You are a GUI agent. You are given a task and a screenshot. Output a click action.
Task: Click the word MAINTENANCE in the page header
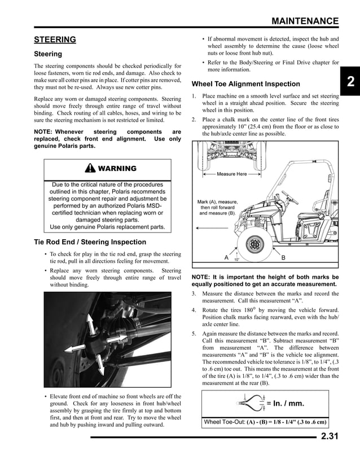point(305,21)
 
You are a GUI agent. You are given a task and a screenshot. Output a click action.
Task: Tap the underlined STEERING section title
point(55,39)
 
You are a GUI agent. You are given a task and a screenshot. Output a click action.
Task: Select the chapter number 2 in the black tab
point(350,82)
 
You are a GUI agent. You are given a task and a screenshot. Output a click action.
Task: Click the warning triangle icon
point(90,169)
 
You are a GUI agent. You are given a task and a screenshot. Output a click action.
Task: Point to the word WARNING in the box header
point(117,169)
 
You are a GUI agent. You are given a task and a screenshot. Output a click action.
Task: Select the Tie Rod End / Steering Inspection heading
point(90,242)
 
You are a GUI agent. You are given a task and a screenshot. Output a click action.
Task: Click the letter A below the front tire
point(226,258)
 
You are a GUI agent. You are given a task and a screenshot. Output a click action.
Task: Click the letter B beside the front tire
point(283,258)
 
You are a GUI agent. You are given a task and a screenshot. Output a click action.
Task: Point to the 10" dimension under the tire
point(236,260)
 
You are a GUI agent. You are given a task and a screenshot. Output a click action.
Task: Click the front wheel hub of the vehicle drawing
point(253,245)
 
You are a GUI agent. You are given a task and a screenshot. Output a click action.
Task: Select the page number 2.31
point(330,436)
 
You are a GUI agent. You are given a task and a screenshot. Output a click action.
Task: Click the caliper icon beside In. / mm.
point(252,403)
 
